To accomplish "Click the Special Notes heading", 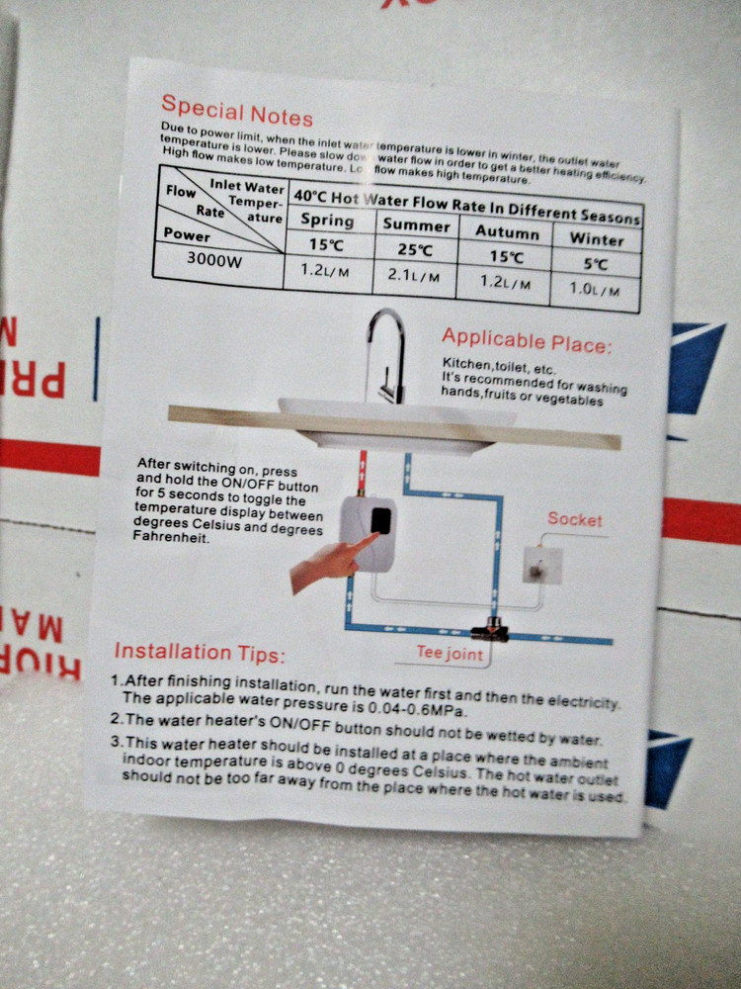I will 237,110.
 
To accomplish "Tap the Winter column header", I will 597,238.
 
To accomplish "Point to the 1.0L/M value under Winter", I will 597,289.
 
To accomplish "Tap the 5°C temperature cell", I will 597,264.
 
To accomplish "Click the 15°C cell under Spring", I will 327,243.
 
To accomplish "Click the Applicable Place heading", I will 527,341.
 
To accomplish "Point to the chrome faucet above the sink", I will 387,351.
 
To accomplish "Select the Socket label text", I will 575,519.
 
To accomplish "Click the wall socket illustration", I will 542,565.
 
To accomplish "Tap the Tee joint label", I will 450,654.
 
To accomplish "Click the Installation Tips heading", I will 200,653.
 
